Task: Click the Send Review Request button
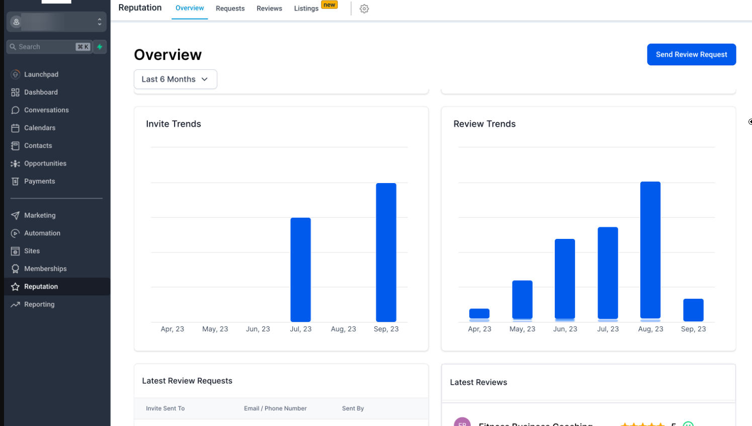691,54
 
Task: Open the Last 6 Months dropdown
175,79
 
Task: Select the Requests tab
230,9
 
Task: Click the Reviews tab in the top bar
269,9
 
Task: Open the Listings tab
306,9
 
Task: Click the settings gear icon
364,9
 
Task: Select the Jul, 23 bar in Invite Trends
301,270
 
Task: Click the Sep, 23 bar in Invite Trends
386,252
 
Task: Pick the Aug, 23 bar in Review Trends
650,250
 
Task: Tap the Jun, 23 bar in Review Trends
565,279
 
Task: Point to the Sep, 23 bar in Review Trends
693,310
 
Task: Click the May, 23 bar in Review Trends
522,300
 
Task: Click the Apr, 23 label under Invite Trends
173,329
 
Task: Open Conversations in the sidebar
46,110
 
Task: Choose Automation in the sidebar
42,233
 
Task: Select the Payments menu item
40,182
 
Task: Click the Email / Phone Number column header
275,408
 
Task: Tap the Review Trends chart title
484,124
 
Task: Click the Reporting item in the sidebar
39,305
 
